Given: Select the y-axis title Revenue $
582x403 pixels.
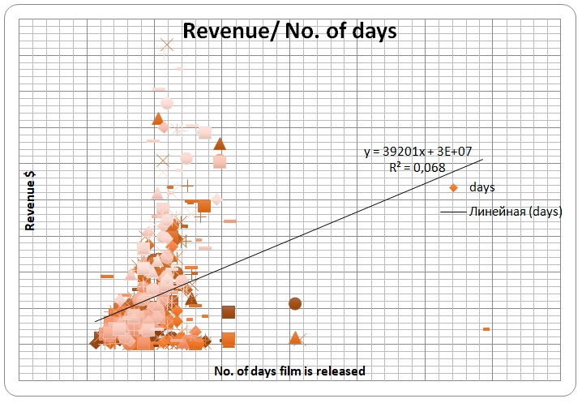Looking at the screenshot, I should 30,202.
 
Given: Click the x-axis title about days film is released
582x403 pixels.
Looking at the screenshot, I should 289,371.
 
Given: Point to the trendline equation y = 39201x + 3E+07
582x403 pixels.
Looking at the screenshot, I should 423,152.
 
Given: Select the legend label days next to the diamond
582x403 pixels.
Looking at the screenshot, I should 481,187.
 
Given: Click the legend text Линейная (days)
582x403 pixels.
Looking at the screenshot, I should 515,212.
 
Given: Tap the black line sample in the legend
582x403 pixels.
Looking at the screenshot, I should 451,212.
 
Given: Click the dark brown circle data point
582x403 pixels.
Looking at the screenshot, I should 295,304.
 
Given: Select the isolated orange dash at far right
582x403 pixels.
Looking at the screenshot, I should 486,328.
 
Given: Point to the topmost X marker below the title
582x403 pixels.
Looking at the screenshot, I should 168,45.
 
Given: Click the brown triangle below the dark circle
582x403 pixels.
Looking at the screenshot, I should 295,337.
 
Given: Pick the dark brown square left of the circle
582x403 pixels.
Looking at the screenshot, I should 228,312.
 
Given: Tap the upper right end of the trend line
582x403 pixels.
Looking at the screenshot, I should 482,159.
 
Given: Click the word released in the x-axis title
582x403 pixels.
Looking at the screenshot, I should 341,371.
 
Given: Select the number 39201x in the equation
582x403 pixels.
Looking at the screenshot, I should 400,152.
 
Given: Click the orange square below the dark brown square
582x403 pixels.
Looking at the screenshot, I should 228,339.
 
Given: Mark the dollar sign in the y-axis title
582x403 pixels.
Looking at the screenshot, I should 30,179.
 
